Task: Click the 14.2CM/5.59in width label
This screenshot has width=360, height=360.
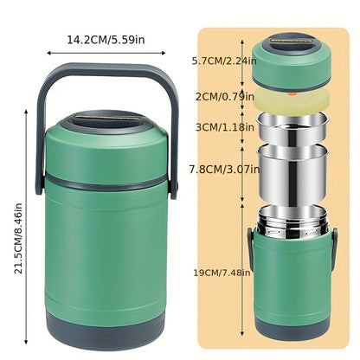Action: pyautogui.click(x=106, y=40)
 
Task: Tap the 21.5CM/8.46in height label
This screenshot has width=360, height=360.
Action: pyautogui.click(x=18, y=238)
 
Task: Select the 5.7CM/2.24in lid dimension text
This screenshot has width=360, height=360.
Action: pyautogui.click(x=224, y=61)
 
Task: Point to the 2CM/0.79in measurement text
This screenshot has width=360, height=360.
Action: pyautogui.click(x=225, y=97)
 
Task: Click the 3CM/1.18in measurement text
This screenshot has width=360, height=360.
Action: pyautogui.click(x=225, y=127)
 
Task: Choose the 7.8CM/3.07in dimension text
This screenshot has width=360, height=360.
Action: pyautogui.click(x=224, y=169)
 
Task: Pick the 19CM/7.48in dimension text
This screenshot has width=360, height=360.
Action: pyautogui.click(x=222, y=273)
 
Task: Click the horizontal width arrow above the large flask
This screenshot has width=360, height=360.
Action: pyautogui.click(x=106, y=53)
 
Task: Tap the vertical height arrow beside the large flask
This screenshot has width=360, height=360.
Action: pyautogui.click(x=26, y=227)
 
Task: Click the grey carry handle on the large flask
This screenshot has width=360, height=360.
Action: pyautogui.click(x=107, y=69)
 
